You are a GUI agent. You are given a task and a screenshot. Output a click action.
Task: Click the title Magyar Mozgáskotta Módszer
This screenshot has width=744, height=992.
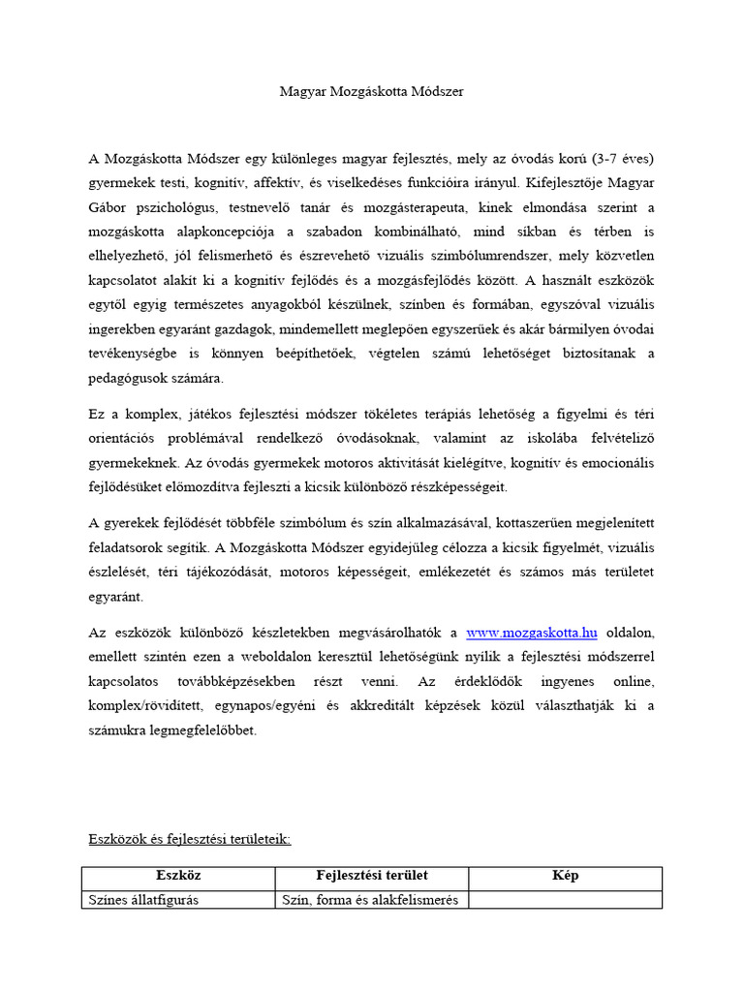[372, 92]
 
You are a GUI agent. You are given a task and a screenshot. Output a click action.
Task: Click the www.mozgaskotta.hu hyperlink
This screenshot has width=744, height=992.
[532, 633]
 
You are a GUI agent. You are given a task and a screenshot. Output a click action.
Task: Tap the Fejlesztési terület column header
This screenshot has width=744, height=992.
[372, 876]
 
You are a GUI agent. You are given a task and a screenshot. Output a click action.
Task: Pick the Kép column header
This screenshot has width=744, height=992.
[566, 876]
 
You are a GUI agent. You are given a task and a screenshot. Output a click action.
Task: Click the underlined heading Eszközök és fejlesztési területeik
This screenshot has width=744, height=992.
[190, 839]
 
